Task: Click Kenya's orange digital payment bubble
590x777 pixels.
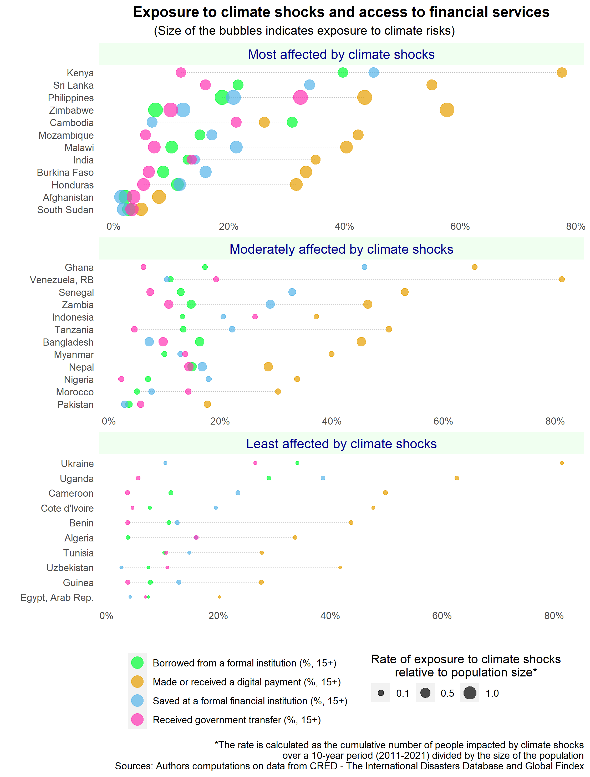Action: click(x=562, y=72)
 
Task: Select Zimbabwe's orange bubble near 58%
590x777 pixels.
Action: click(x=447, y=110)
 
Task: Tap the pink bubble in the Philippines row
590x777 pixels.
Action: click(x=300, y=97)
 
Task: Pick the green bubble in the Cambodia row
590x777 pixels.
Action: click(x=292, y=122)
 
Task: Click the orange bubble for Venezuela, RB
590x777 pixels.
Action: click(x=562, y=279)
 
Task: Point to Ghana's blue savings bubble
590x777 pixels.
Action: click(x=364, y=267)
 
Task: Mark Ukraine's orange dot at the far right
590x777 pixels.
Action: click(x=562, y=463)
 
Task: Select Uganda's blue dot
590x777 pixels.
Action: click(x=323, y=478)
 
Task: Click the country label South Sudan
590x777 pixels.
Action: click(x=65, y=210)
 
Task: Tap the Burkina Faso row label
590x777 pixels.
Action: click(x=65, y=173)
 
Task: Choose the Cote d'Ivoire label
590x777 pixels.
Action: click(x=67, y=508)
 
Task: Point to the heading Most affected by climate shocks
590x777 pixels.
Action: click(x=341, y=54)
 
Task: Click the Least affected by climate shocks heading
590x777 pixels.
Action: click(x=341, y=444)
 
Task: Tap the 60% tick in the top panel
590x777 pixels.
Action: click(x=460, y=226)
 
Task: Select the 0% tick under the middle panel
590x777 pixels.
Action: click(x=109, y=421)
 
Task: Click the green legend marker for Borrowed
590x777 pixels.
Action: click(x=137, y=663)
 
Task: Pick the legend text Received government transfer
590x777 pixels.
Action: click(x=236, y=720)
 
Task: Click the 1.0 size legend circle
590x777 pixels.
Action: click(x=470, y=693)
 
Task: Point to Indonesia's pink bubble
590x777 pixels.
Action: click(x=255, y=316)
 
